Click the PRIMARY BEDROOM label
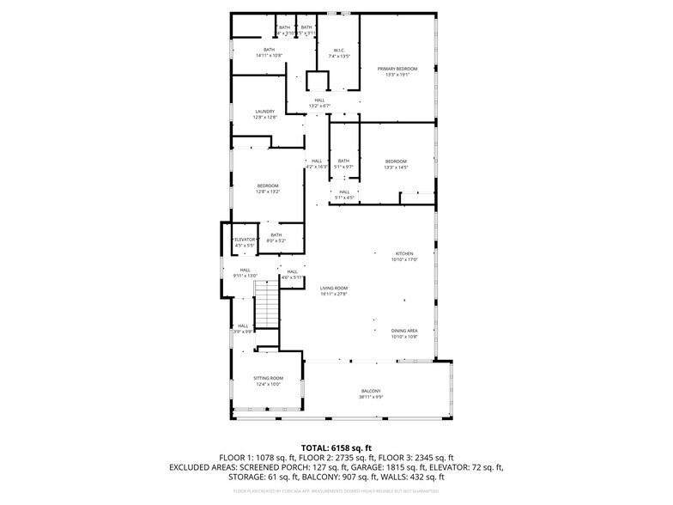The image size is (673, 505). point(397,69)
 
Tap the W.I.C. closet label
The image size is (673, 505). point(339,50)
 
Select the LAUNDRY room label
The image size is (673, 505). point(264,112)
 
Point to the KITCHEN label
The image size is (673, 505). point(403,254)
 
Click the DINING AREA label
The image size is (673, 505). point(404,331)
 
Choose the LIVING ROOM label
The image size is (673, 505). point(334,289)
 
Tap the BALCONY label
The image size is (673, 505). point(371,392)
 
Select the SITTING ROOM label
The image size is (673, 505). point(268,379)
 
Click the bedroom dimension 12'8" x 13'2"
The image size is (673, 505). point(268,192)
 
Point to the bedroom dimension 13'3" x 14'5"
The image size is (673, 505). point(396,167)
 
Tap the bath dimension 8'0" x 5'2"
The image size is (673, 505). point(276,241)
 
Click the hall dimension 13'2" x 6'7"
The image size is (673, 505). point(319,106)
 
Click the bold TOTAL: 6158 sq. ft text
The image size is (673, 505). point(336,447)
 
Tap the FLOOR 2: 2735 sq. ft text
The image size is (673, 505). point(337,458)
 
